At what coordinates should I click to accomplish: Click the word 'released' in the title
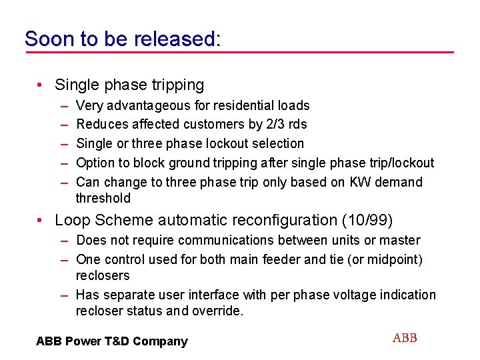(174, 39)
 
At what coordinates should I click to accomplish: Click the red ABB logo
(405, 338)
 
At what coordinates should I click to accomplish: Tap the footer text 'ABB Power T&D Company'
(112, 341)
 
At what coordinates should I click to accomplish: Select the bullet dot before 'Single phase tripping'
(41, 85)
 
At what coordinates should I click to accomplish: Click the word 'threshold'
(103, 198)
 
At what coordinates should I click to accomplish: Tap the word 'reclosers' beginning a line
(103, 275)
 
